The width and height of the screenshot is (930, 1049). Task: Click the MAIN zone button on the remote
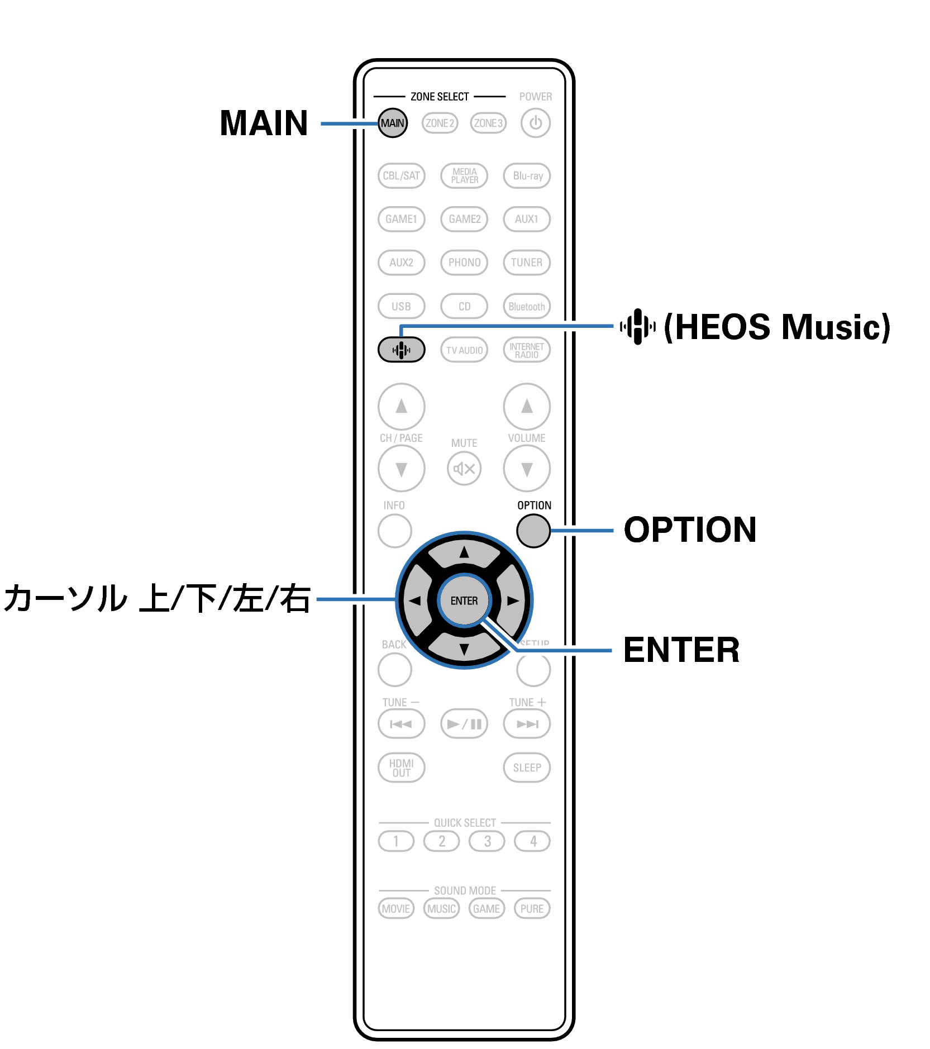point(393,123)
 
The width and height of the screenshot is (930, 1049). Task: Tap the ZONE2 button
point(440,123)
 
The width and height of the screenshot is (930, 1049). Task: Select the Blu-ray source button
point(527,175)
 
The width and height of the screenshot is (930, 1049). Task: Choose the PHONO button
point(464,263)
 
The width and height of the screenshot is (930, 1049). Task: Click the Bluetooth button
point(527,306)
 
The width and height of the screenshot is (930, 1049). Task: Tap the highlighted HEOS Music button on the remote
point(401,350)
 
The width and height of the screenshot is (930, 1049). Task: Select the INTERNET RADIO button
point(527,350)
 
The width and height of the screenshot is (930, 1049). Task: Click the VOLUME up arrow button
point(527,406)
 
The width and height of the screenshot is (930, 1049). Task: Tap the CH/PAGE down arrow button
point(401,469)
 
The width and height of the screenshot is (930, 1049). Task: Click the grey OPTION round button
point(533,531)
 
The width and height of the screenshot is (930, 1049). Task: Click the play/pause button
point(464,724)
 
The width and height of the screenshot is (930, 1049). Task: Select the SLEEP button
point(527,767)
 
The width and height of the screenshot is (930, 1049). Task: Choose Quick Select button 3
point(487,841)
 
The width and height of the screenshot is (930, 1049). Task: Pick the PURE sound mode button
point(532,908)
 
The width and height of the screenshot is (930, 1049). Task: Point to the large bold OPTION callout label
point(690,530)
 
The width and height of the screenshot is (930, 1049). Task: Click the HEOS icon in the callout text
point(637,326)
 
